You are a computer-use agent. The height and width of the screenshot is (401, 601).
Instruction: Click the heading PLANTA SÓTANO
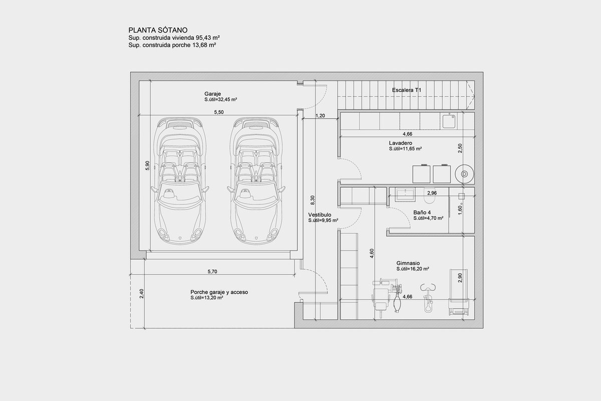pyautogui.click(x=158, y=30)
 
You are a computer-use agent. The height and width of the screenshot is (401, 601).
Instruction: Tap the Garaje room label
pyautogui.click(x=212, y=94)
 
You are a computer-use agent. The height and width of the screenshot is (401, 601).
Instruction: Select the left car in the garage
pyautogui.click(x=180, y=180)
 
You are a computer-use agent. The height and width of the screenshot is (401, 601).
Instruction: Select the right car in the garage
pyautogui.click(x=256, y=180)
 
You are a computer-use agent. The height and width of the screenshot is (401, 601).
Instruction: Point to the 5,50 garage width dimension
pyautogui.click(x=219, y=112)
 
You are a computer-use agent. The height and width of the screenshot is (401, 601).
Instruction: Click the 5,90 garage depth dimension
pyautogui.click(x=147, y=165)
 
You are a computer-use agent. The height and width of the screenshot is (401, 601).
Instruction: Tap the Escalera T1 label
pyautogui.click(x=407, y=90)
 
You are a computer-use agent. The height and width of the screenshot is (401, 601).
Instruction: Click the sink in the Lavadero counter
pyautogui.click(x=449, y=121)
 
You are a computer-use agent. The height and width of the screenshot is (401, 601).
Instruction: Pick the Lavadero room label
pyautogui.click(x=401, y=143)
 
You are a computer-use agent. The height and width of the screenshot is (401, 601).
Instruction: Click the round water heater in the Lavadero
pyautogui.click(x=464, y=174)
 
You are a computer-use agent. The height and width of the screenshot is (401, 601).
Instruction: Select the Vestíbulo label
pyautogui.click(x=320, y=215)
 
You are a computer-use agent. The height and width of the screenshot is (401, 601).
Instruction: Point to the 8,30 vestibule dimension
pyautogui.click(x=313, y=200)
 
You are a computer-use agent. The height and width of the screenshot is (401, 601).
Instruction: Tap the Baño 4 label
pyautogui.click(x=422, y=213)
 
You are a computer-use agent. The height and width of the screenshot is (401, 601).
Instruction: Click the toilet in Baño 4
pyautogui.click(x=429, y=195)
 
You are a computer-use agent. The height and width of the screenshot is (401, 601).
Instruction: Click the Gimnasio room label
pyautogui.click(x=408, y=263)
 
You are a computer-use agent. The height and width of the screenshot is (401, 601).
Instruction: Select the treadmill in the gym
pyautogui.click(x=459, y=292)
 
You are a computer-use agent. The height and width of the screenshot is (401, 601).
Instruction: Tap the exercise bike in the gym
pyautogui.click(x=428, y=298)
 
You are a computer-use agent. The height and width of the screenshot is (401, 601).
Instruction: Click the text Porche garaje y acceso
pyautogui.click(x=219, y=292)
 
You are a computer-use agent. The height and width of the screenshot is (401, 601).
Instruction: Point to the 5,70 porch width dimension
pyautogui.click(x=212, y=272)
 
